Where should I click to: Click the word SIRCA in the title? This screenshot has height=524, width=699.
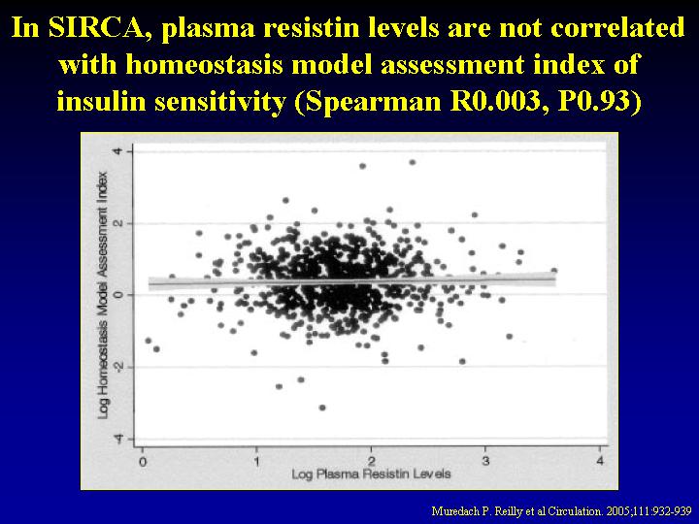97,27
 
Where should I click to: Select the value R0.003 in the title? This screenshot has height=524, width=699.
495,101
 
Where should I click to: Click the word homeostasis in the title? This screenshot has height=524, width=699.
204,65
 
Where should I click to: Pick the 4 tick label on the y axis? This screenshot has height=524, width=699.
116,151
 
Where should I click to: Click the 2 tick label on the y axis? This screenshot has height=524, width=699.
116,223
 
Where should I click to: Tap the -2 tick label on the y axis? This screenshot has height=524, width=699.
116,368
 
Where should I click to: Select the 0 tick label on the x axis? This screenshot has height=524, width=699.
143,461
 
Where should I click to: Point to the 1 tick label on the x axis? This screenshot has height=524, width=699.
256,461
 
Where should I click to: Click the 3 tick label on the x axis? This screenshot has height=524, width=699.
485,461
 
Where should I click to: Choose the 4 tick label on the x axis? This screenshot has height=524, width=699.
600,461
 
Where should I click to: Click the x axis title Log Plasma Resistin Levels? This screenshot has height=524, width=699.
371,475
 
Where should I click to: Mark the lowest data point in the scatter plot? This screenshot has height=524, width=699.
322,408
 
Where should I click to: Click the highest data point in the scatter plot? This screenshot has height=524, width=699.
413,163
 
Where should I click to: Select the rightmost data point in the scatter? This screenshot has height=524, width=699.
554,271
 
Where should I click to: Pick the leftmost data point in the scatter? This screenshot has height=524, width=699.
148,341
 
